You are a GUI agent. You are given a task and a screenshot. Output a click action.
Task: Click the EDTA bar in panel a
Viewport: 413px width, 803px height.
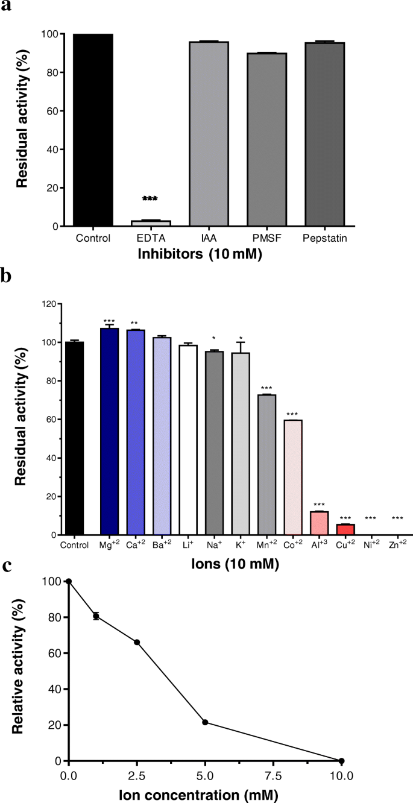pos(151,223)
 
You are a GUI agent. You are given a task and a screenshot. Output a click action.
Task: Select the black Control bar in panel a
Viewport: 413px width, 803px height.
pos(93,130)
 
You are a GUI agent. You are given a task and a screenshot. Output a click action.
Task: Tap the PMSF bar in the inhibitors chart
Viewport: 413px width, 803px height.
pos(267,139)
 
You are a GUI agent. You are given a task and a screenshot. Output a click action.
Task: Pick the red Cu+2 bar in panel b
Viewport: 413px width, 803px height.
pos(345,529)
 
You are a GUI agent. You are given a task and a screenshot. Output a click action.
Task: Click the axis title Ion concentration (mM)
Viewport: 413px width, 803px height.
pos(205,793)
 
